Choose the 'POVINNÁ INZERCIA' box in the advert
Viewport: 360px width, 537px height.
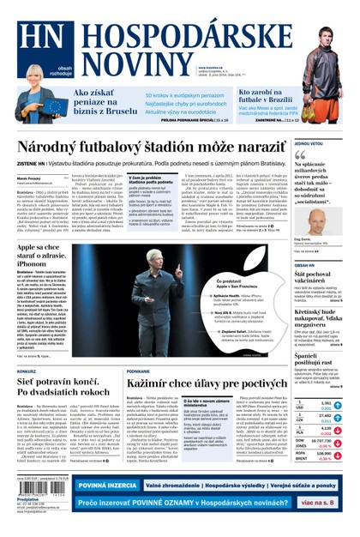click(106, 486)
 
